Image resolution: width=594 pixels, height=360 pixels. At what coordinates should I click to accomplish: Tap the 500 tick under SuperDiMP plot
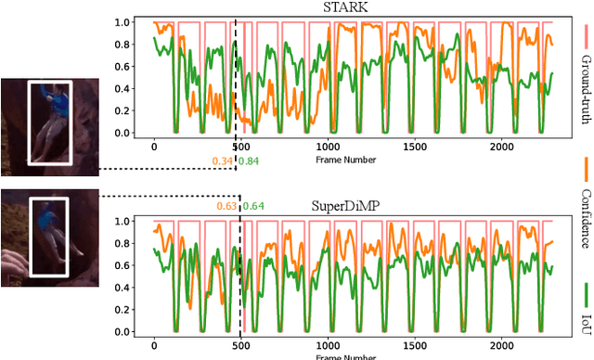click(x=240, y=345)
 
